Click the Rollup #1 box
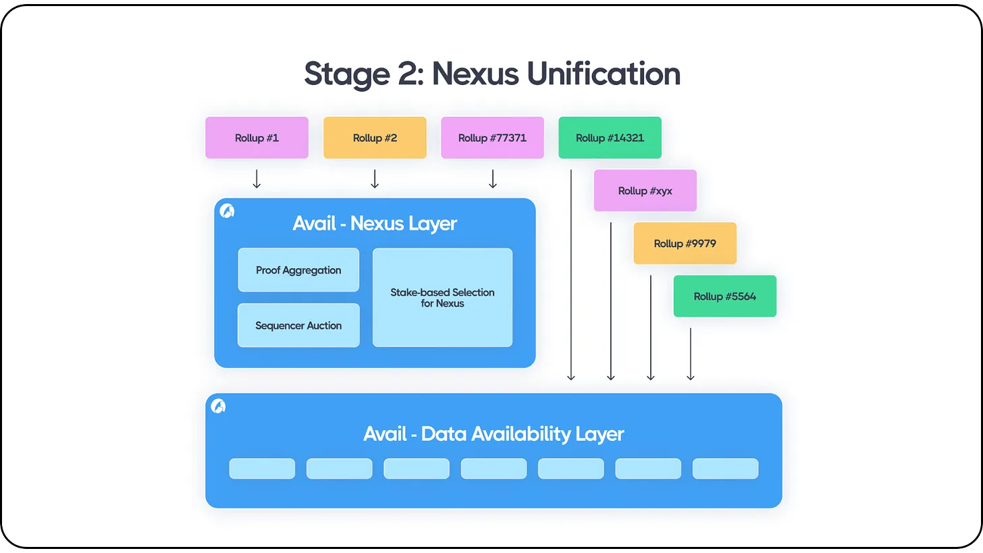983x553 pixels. (x=257, y=138)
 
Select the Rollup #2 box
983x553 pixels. (x=375, y=138)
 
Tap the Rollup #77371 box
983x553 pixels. (x=492, y=138)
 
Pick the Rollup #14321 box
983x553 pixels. (x=610, y=138)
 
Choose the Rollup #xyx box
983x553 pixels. (x=645, y=190)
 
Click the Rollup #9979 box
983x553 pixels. (x=685, y=243)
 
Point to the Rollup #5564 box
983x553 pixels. (x=724, y=296)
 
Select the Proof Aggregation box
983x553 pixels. (x=298, y=270)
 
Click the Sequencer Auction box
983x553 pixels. (x=298, y=325)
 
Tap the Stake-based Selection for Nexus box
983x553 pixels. (x=442, y=298)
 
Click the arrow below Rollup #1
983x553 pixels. (x=257, y=179)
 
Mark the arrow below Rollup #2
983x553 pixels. (x=375, y=179)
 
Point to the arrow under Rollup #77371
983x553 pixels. (x=493, y=179)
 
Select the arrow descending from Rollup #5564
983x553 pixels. (x=690, y=354)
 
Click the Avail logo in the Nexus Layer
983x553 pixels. (x=228, y=211)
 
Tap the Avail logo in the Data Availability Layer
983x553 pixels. (x=218, y=406)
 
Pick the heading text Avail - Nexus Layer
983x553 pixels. (x=375, y=223)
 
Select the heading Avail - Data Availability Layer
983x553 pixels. (x=494, y=433)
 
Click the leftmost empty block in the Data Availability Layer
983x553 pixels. (x=262, y=469)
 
